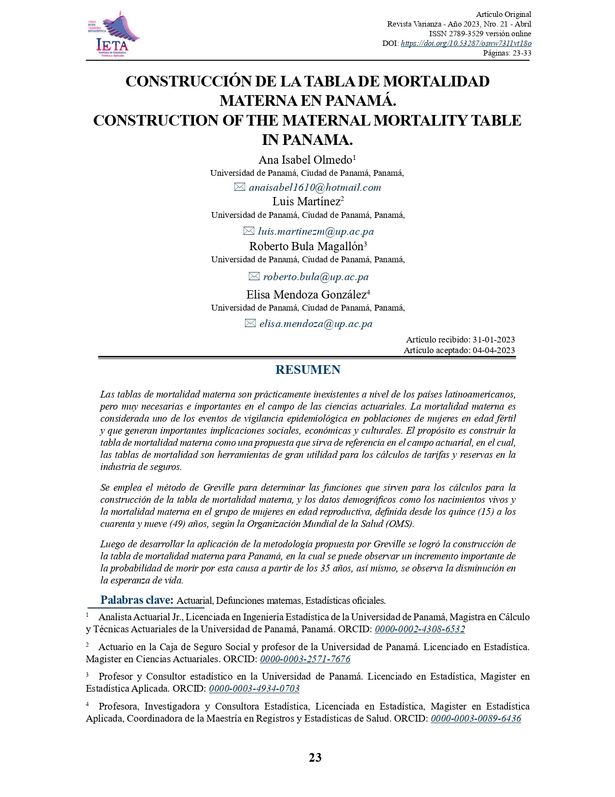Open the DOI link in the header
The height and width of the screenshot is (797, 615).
click(466, 43)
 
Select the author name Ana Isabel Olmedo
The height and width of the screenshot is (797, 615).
click(306, 160)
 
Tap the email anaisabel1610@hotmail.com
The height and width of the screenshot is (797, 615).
click(315, 187)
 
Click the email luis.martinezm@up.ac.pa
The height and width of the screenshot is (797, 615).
click(316, 231)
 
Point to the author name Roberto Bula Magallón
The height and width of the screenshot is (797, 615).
click(306, 246)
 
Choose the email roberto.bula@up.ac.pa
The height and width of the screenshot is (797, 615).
click(316, 277)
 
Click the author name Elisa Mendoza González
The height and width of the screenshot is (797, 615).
click(306, 295)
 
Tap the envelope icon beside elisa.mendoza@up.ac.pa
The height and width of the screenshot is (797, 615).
click(250, 324)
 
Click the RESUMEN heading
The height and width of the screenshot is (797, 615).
click(308, 370)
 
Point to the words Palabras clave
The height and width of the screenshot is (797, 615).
click(137, 600)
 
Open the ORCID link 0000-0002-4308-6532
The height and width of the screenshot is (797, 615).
click(420, 629)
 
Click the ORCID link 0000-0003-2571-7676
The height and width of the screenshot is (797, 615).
click(305, 659)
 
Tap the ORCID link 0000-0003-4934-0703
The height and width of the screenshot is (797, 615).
click(254, 689)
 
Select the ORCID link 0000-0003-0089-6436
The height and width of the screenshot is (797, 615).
click(476, 718)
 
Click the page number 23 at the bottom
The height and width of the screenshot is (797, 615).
click(315, 757)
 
